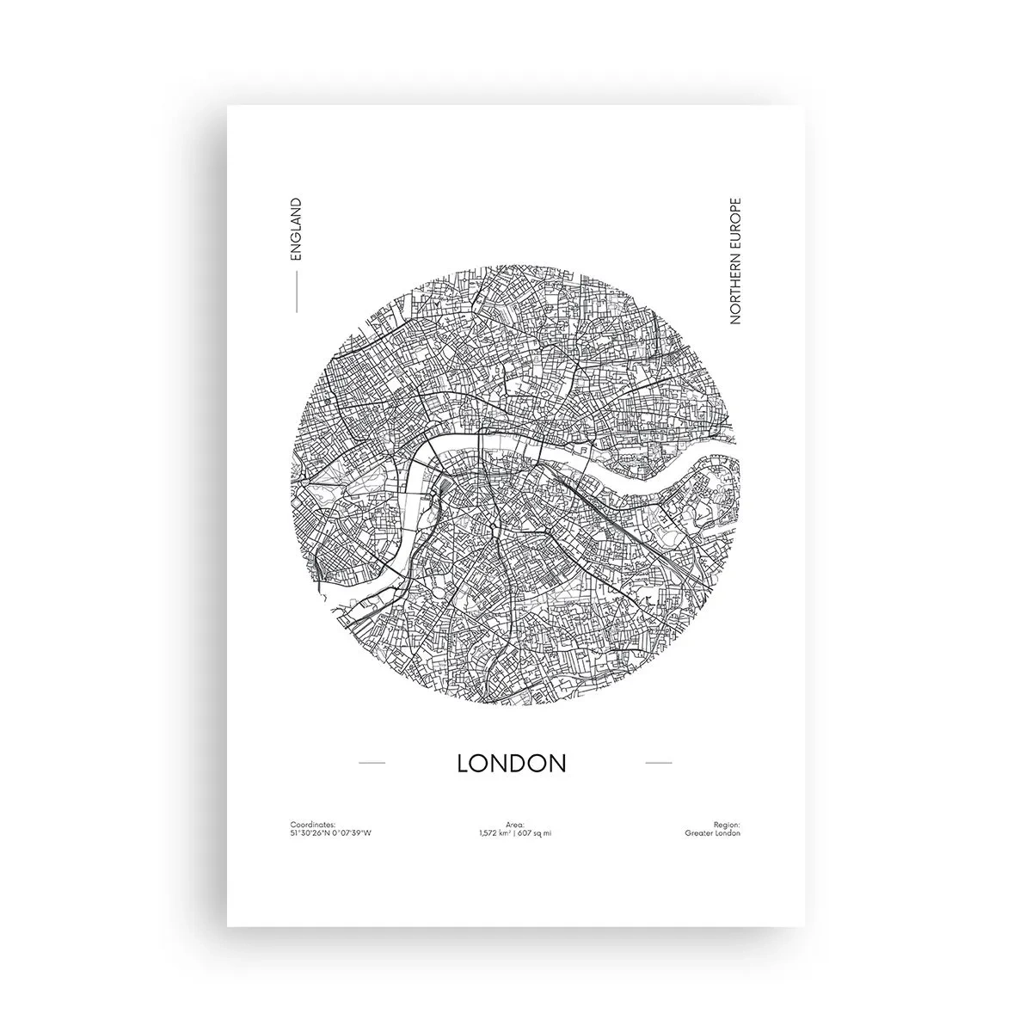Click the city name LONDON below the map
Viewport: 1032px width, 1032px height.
tap(512, 763)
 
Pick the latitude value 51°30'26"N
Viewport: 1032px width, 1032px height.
tap(310, 833)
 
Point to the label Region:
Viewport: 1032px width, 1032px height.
tap(727, 824)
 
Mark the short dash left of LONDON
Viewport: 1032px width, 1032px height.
tap(371, 763)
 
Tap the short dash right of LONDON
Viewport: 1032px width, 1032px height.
tap(658, 763)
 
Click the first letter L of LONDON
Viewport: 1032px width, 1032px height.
tap(464, 763)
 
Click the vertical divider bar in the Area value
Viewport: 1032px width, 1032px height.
tap(516, 833)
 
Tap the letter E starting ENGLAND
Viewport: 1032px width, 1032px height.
tap(295, 257)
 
